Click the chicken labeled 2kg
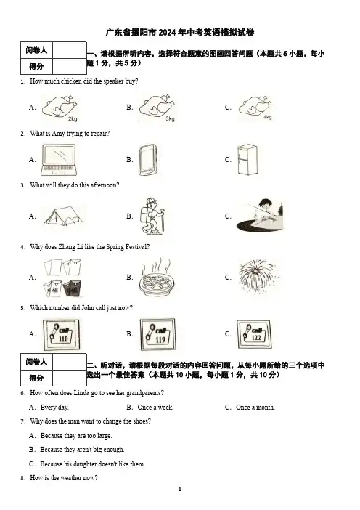[x=60, y=106]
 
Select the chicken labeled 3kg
[x=157, y=106]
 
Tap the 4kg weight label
[x=267, y=117]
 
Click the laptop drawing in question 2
[x=59, y=160]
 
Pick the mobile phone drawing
[x=148, y=160]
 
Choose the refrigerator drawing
[x=247, y=160]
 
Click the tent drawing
[x=62, y=216]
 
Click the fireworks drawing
[x=258, y=277]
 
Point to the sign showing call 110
[x=62, y=334]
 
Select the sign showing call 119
[x=157, y=334]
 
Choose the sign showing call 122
[x=254, y=334]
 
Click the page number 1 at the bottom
[x=180, y=489]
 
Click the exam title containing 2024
[x=180, y=33]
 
